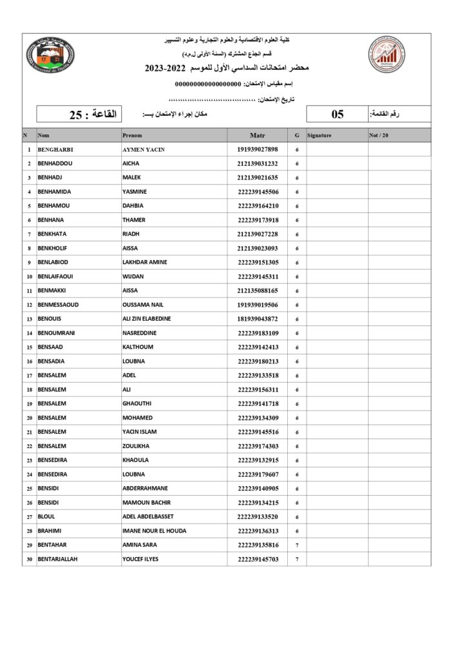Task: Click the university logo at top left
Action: click(51, 55)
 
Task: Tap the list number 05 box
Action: click(338, 114)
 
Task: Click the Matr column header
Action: click(257, 136)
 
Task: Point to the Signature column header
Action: click(320, 136)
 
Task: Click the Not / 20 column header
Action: click(379, 136)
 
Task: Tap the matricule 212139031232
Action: click(257, 164)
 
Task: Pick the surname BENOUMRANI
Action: click(60, 333)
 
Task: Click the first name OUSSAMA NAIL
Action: click(143, 305)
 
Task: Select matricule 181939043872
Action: click(257, 319)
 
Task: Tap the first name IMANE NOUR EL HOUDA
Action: click(154, 531)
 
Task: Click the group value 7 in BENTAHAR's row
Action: click(297, 545)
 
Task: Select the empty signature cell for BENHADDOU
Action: click(336, 164)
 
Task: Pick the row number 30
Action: click(29, 559)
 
